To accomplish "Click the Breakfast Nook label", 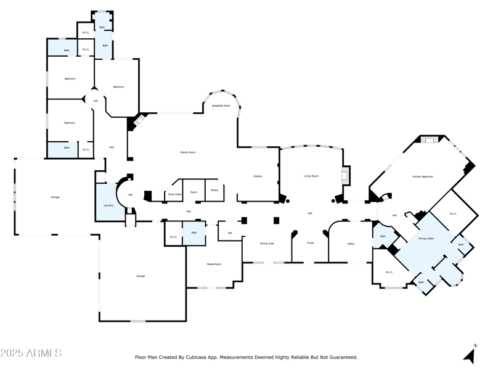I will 221,105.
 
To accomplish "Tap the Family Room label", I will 187,152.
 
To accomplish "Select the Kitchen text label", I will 258,176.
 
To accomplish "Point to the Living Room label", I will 311,176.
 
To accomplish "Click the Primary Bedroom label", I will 423,177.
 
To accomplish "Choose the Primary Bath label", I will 426,238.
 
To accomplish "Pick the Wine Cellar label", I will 175,194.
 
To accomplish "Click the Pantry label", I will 214,190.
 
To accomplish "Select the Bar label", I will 230,232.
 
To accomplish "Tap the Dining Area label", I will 267,244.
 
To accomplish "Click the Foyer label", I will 311,243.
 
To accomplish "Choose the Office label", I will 351,244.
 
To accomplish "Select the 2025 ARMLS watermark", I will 31,353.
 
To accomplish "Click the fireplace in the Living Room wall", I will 346,176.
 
